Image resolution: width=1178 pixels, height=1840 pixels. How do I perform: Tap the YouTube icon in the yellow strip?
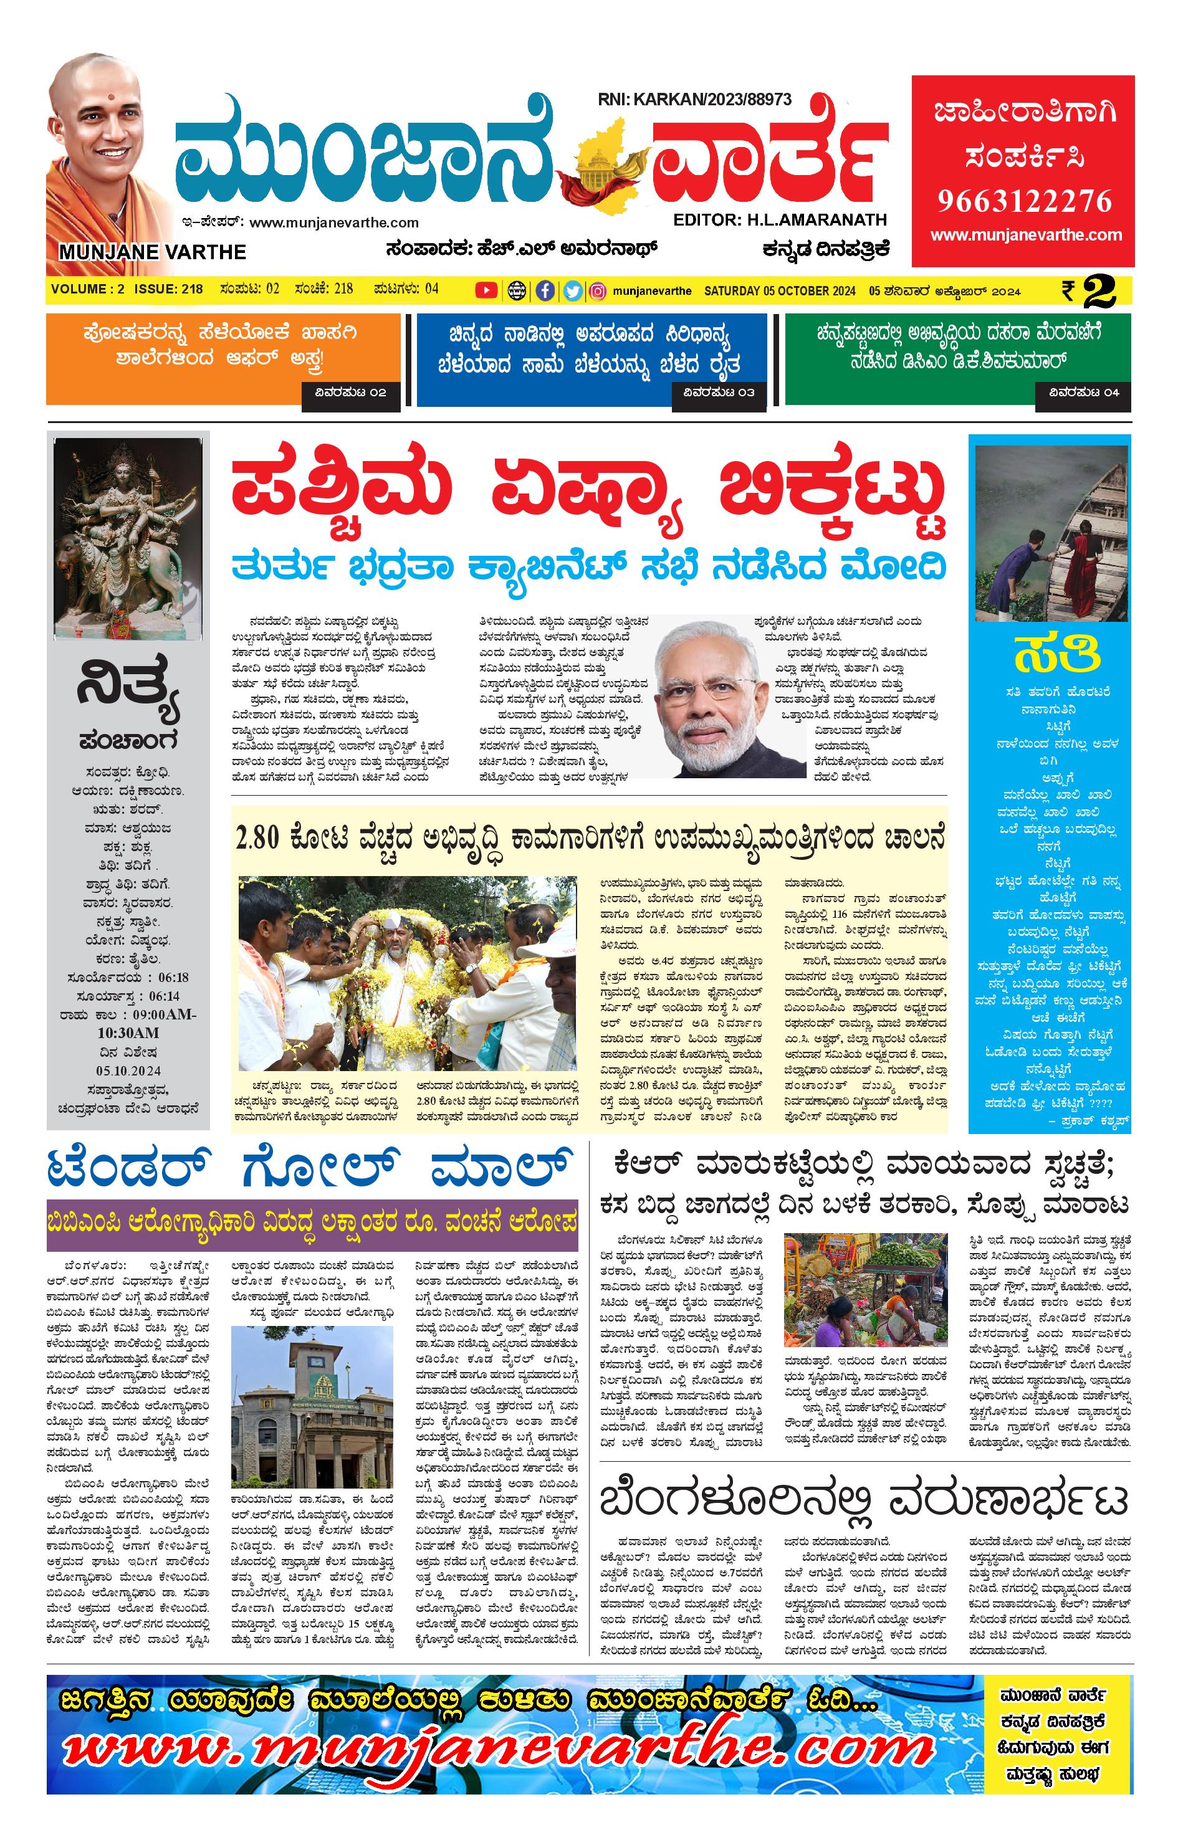[486, 290]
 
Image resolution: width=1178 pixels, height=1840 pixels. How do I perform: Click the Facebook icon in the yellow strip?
[545, 290]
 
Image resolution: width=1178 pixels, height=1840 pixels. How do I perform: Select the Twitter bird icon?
[572, 290]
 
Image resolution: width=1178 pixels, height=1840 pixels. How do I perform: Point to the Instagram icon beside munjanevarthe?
[599, 290]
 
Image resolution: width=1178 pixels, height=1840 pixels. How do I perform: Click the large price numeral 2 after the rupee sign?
[1099, 290]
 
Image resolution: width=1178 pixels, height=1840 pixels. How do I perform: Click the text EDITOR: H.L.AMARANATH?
[780, 220]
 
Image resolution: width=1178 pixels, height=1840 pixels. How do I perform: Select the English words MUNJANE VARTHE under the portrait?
[152, 252]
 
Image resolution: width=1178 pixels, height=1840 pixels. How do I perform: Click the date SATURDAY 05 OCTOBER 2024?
[780, 290]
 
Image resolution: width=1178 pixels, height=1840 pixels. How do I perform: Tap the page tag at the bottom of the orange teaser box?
[351, 393]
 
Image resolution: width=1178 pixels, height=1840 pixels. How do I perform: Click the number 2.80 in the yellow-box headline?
[259, 837]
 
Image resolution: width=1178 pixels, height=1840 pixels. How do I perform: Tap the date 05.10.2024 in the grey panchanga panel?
[128, 1070]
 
